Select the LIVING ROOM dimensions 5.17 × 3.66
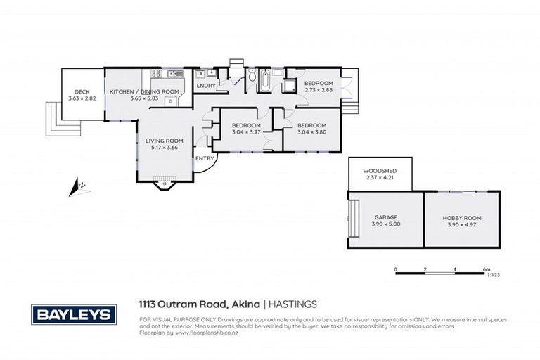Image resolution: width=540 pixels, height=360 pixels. pyautogui.click(x=164, y=148)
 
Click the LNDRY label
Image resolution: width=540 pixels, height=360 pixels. pyautogui.click(x=206, y=86)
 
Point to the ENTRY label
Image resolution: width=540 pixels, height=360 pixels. pyautogui.click(x=205, y=158)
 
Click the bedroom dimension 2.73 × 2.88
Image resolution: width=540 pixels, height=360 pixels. pyautogui.click(x=319, y=90)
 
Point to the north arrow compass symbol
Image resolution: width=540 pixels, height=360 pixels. pyautogui.click(x=77, y=187)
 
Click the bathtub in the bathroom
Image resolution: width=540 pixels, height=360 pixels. pyautogui.click(x=266, y=81)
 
